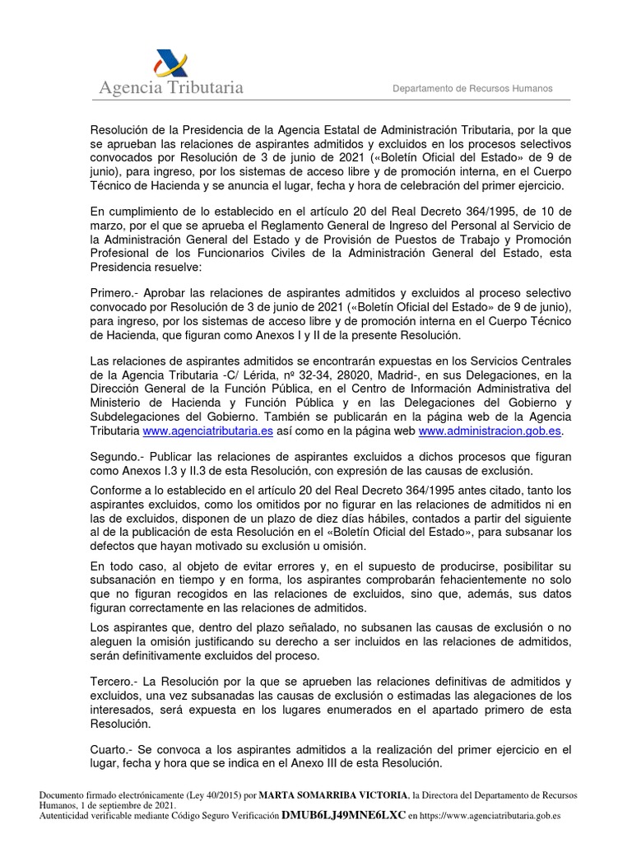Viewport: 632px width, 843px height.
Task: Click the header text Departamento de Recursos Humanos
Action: (x=472, y=89)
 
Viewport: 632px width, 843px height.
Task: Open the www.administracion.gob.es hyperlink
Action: (x=491, y=431)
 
